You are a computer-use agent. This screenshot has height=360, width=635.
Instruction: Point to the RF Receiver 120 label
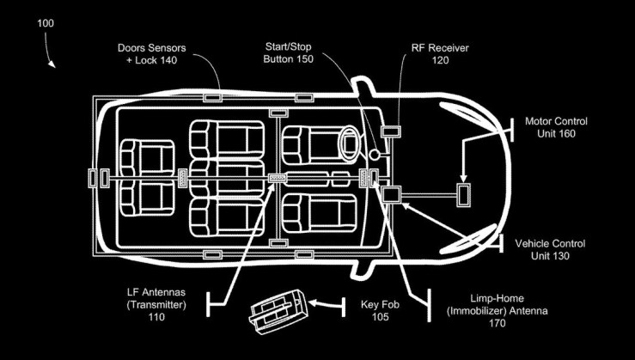(427, 53)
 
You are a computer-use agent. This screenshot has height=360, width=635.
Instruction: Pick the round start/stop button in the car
(376, 155)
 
